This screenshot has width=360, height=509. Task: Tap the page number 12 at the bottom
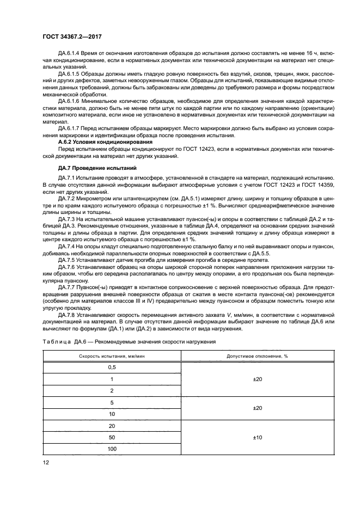pyautogui.click(x=45, y=462)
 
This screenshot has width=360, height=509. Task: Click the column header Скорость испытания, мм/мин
pyautogui.click(x=112, y=355)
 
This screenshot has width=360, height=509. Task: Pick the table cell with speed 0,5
pyautogui.click(x=112, y=367)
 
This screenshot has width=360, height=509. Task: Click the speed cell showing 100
pyautogui.click(x=112, y=449)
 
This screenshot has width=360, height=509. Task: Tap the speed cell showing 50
pyautogui.click(x=112, y=438)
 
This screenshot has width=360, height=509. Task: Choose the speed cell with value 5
pyautogui.click(x=112, y=402)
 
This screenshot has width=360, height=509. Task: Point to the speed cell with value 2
pyautogui.click(x=112, y=391)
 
